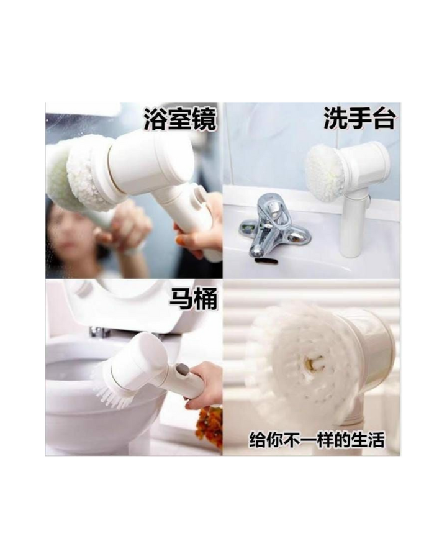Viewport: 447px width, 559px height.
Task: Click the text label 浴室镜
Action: click(x=180, y=119)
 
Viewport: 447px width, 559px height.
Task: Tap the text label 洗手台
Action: click(x=359, y=118)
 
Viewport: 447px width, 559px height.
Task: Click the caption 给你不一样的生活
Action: click(x=317, y=440)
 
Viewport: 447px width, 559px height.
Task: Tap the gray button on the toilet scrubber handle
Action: click(x=183, y=370)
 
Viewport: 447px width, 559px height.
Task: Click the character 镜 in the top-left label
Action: click(x=204, y=119)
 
